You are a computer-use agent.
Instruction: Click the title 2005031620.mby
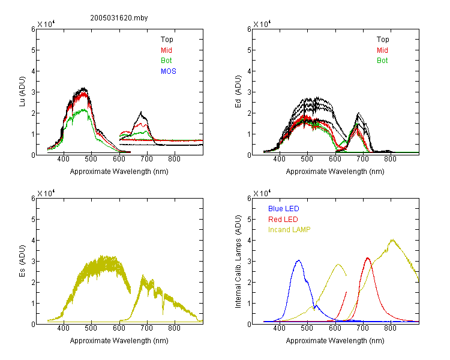(x=119, y=18)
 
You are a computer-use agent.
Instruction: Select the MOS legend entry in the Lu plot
(x=169, y=71)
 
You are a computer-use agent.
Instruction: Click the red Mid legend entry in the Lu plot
(x=166, y=50)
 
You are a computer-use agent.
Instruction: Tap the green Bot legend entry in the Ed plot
(x=382, y=61)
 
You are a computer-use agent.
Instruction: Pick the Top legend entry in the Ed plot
(x=383, y=40)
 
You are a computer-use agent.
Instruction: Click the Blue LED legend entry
(x=284, y=209)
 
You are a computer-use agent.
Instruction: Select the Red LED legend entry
(x=283, y=220)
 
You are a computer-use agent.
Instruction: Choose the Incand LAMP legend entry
(x=289, y=230)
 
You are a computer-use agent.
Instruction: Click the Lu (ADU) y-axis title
(x=22, y=91)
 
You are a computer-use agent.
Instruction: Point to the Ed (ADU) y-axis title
(x=238, y=91)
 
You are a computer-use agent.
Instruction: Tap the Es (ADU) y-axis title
(x=22, y=260)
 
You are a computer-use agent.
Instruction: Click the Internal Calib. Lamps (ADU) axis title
(x=238, y=261)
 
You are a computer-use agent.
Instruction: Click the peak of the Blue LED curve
(x=298, y=260)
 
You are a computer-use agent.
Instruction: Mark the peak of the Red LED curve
(x=368, y=258)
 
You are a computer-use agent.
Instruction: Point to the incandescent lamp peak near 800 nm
(x=392, y=240)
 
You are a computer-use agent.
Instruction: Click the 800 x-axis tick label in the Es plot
(x=174, y=328)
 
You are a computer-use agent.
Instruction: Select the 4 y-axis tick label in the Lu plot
(x=33, y=71)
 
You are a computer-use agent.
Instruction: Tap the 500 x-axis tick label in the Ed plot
(x=307, y=159)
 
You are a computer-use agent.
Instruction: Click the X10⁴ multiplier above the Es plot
(x=46, y=193)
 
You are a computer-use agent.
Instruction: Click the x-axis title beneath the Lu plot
(x=119, y=172)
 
